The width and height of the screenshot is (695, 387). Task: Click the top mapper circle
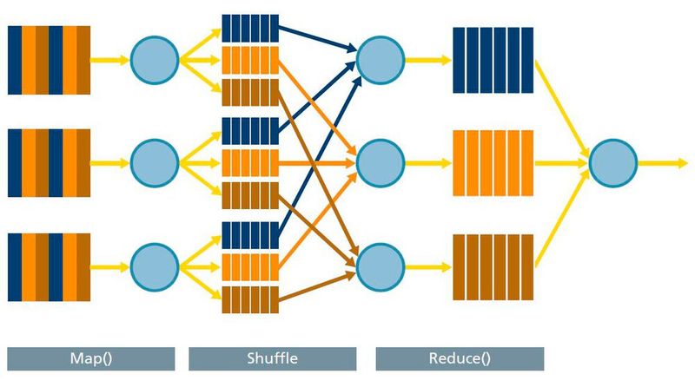(155, 60)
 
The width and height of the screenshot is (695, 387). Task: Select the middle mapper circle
(155, 161)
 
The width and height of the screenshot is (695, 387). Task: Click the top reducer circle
(381, 60)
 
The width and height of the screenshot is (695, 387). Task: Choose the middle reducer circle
(381, 161)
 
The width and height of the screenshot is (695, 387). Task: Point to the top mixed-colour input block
(50, 60)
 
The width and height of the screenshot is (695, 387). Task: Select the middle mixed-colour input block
(50, 161)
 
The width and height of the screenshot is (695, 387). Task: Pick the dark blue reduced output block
(493, 60)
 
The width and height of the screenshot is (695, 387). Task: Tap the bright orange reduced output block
(493, 161)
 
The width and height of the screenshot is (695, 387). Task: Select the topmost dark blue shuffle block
(249, 28)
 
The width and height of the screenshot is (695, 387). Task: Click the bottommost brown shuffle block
(249, 297)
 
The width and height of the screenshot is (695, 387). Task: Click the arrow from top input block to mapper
(110, 60)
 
